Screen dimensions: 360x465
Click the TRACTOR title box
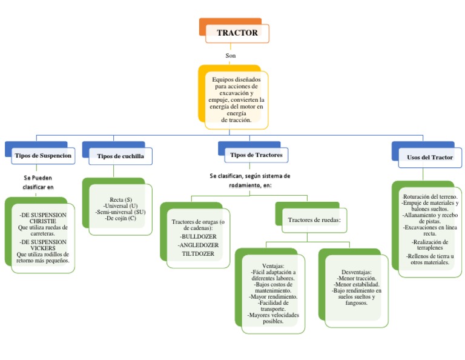coord(237,33)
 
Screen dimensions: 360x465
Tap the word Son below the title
coord(231,56)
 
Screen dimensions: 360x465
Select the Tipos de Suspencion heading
coord(44,156)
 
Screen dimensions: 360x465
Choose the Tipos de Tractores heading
coord(256,155)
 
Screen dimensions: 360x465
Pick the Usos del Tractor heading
coord(429,157)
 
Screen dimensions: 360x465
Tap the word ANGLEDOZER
coord(197,245)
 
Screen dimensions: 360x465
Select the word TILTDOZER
coord(197,254)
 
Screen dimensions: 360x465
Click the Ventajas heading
coord(272,266)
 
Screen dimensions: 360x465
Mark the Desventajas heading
coord(356,272)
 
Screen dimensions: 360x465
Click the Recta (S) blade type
coord(120,199)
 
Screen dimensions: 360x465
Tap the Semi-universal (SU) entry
coord(120,212)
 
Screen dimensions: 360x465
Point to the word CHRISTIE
coord(43,221)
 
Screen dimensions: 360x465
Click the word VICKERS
coord(43,248)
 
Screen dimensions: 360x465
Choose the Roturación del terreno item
coord(430,197)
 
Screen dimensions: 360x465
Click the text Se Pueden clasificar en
coord(38,182)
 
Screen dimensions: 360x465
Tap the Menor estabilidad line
coord(356,284)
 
